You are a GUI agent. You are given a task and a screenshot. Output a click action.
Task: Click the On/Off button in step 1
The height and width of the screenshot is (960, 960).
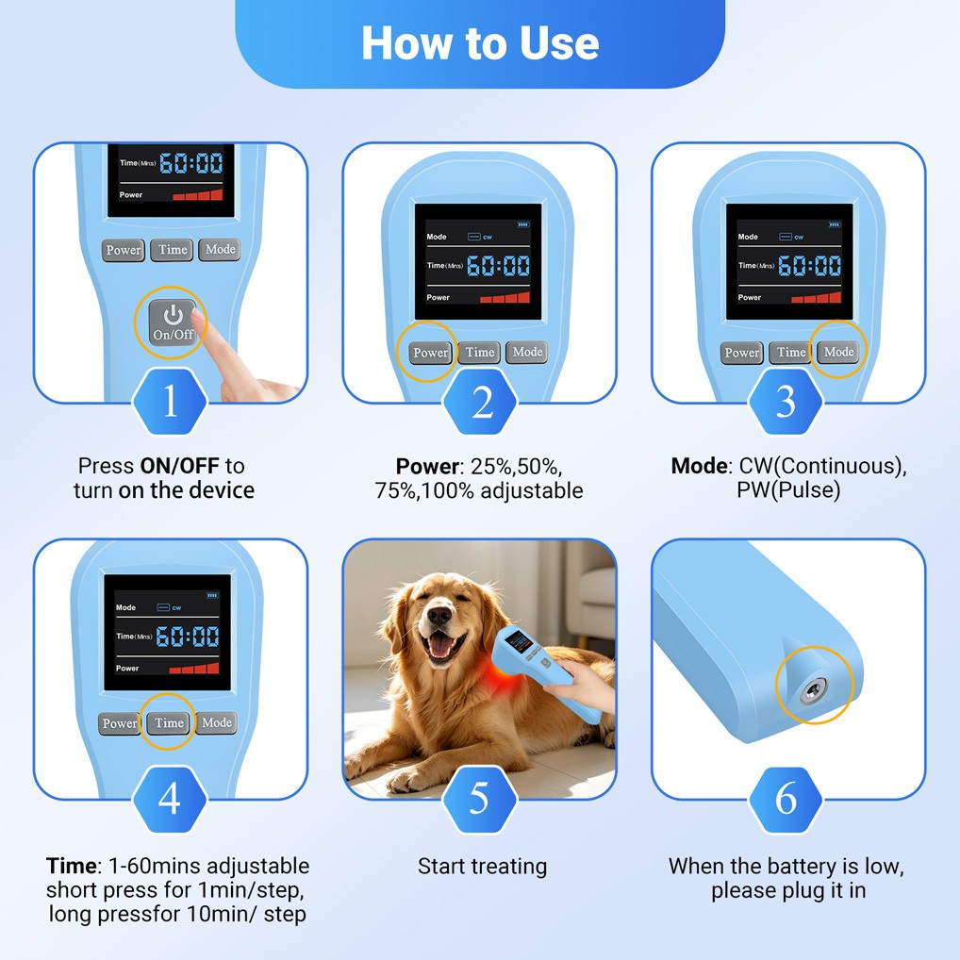(172, 322)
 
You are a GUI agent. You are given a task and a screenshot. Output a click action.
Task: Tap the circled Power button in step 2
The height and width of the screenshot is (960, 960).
(430, 353)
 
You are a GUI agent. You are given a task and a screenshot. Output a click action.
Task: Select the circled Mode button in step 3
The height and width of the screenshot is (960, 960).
(838, 352)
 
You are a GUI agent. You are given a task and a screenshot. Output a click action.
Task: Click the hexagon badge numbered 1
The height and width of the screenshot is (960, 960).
(170, 401)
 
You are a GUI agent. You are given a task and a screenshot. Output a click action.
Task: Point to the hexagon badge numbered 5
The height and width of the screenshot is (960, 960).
(479, 799)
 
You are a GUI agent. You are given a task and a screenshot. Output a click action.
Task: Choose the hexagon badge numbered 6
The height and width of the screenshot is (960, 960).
(786, 799)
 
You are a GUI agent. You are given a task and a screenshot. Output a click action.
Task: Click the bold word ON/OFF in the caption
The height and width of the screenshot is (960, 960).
(179, 466)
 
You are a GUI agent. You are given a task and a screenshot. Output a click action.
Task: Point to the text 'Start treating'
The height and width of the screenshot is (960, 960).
(483, 867)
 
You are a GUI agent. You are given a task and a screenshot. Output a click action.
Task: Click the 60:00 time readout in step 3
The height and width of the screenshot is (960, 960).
(809, 266)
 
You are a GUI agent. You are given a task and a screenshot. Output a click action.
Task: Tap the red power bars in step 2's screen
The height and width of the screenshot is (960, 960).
(505, 298)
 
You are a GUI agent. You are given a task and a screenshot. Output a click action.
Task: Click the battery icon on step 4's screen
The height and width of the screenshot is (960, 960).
(212, 595)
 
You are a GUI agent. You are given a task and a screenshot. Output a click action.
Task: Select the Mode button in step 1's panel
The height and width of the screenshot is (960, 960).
(220, 250)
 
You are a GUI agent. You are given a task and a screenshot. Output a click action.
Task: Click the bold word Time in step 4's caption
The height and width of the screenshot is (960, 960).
(71, 867)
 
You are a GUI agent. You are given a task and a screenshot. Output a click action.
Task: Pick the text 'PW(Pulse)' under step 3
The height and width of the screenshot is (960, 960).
(788, 490)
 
